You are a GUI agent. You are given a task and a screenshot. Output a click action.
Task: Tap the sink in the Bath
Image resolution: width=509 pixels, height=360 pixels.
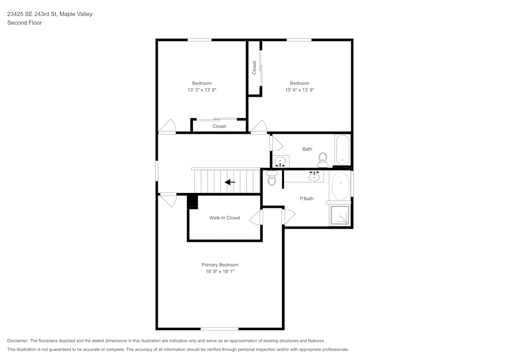(x=280, y=162)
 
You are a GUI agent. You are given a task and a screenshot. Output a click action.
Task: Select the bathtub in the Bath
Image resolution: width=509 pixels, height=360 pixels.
(x=343, y=150)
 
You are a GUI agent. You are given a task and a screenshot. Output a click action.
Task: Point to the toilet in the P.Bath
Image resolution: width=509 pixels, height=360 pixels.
(x=272, y=179)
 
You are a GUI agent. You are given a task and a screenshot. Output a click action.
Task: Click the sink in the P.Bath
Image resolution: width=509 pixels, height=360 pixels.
(x=315, y=177)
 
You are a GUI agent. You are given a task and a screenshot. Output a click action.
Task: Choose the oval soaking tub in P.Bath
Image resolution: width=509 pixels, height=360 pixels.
(x=341, y=186)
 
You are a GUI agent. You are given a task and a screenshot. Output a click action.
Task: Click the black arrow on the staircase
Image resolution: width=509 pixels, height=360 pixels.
(x=230, y=182)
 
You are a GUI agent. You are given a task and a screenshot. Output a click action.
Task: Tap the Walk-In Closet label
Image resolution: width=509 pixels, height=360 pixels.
(x=224, y=218)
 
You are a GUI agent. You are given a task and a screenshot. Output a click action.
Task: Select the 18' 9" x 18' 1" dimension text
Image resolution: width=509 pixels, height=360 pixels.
(x=220, y=272)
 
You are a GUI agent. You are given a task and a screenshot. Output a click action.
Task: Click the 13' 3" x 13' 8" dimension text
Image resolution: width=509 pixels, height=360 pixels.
(x=202, y=90)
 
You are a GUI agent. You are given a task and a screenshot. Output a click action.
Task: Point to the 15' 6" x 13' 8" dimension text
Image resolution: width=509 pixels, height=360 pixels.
(x=299, y=90)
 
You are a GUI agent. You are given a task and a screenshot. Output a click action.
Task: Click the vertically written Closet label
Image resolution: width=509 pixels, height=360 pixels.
(x=254, y=68)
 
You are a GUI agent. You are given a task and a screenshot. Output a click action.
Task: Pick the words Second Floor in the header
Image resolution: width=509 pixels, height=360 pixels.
(x=24, y=23)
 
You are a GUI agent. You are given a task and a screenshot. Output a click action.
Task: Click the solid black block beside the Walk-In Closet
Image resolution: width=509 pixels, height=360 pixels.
(x=192, y=202)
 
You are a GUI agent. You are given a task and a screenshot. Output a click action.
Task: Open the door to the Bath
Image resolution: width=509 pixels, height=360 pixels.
(x=275, y=143)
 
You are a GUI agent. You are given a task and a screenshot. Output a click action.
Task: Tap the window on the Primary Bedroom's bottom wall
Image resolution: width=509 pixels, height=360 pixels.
(x=219, y=328)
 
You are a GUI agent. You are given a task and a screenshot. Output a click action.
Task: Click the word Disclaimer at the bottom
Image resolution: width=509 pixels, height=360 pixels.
(x=18, y=341)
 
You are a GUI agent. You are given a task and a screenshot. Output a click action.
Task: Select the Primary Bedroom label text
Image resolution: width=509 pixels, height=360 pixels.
(x=220, y=265)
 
